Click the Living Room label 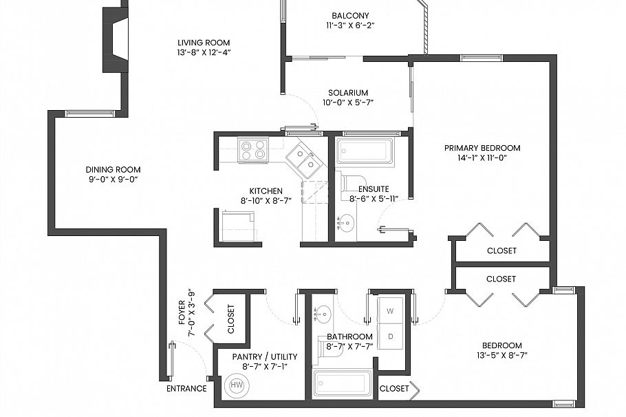point(203,42)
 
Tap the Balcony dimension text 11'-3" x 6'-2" point(350,25)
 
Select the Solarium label point(347,93)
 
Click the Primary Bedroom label point(482,148)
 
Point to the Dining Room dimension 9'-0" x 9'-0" point(113,180)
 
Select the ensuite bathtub point(365,151)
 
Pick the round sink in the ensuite point(347,222)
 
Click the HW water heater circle point(237,384)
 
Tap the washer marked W point(390,311)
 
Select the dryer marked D point(390,336)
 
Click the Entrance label point(186,388)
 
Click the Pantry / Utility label point(265,356)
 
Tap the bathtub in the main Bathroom point(342,383)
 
